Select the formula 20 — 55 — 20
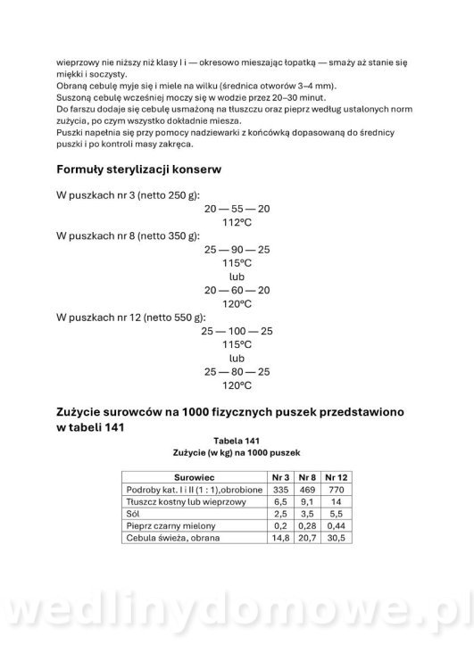click(x=237, y=208)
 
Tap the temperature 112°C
click(x=237, y=222)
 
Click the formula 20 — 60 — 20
click(x=237, y=290)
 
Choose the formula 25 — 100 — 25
click(x=237, y=331)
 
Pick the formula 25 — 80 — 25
click(x=237, y=372)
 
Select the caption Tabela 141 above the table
click(x=237, y=441)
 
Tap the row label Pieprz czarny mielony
click(x=168, y=527)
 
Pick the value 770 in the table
click(x=337, y=490)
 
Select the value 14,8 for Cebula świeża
click(x=281, y=540)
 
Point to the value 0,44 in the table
click(x=337, y=527)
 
